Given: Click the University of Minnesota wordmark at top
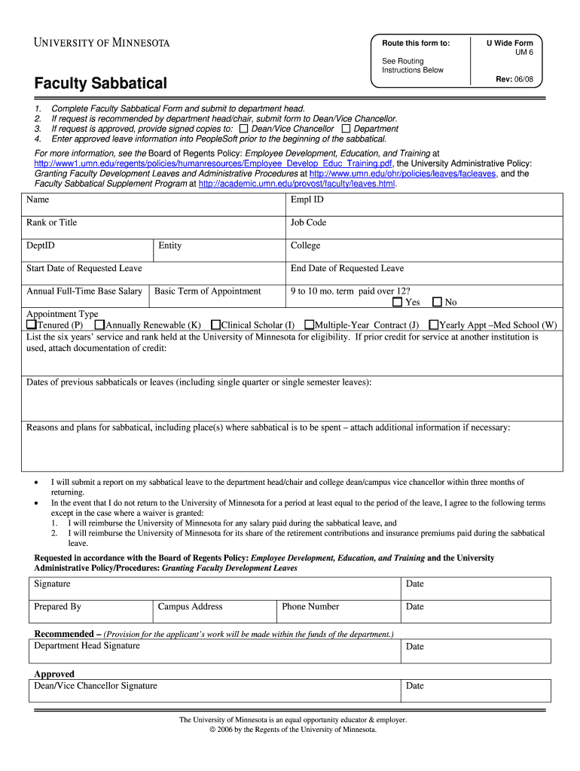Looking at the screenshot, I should click(102, 42).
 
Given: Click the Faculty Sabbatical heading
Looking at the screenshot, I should click(101, 83).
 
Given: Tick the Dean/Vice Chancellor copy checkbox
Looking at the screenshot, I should click(243, 129).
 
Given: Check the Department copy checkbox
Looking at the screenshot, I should click(346, 129).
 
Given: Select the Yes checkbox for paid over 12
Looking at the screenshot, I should click(398, 303).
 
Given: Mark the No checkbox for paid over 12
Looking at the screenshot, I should click(438, 303).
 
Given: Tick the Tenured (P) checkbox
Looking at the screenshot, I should click(32, 325).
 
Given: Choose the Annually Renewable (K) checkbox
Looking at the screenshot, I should click(99, 325).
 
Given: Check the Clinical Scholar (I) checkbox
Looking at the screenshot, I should click(215, 325).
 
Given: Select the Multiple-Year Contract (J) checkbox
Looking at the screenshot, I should click(309, 325).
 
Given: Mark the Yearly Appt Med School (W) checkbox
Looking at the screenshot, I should click(433, 325).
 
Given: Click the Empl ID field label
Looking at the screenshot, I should click(307, 200).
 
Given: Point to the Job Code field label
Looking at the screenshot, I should click(308, 223).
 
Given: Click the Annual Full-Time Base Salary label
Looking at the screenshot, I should click(84, 291).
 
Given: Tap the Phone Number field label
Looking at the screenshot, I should click(310, 607).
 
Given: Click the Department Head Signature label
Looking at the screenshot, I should click(87, 646).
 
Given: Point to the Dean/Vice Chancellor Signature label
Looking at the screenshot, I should click(96, 686).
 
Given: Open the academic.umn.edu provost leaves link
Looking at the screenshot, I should click(297, 184).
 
